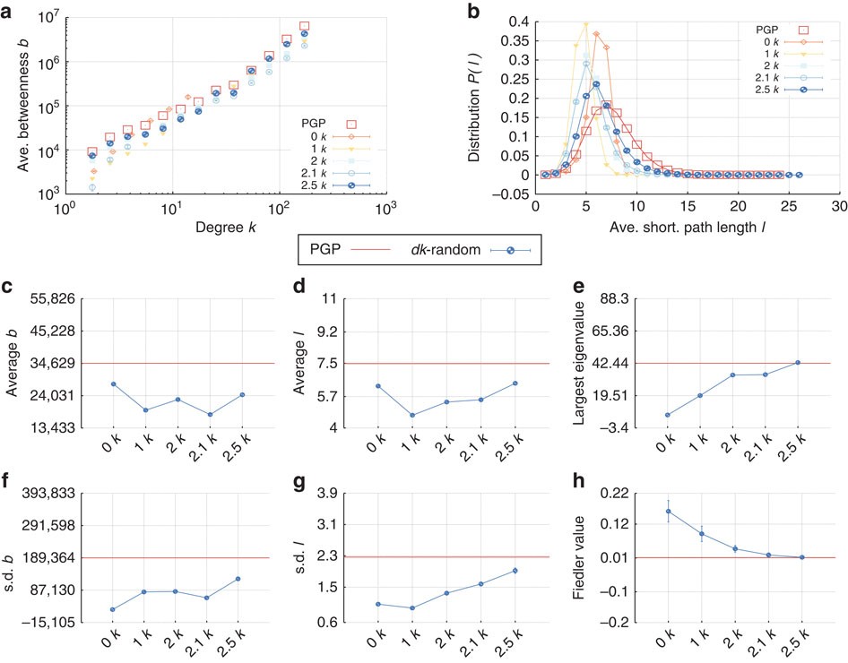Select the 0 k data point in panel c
[114, 383]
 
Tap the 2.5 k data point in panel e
[798, 362]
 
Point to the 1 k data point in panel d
[412, 415]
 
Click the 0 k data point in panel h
[668, 511]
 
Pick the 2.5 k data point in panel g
[515, 571]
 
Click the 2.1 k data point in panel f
[206, 598]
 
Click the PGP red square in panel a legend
[352, 124]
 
